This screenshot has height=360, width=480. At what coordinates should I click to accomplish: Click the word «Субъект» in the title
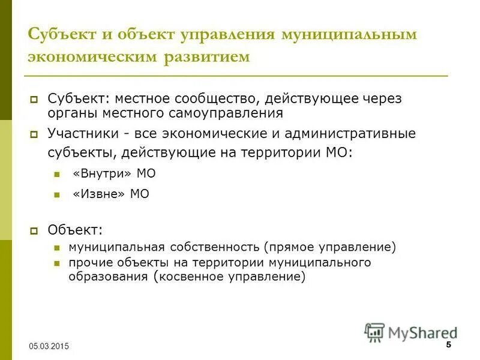[x=60, y=34]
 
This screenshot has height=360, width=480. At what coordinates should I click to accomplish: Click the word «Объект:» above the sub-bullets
[x=76, y=229]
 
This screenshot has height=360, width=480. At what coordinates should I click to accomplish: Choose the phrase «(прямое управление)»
[x=329, y=247]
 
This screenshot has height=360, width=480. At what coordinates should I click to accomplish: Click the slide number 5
[x=448, y=344]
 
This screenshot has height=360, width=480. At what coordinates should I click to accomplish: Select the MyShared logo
[x=410, y=332]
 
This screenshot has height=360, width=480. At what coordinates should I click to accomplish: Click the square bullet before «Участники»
[x=34, y=134]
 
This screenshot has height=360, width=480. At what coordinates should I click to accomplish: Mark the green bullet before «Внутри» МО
[x=57, y=175]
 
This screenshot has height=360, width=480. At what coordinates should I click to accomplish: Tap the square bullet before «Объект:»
[x=34, y=230]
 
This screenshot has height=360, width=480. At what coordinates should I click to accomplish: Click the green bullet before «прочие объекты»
[x=57, y=263]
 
